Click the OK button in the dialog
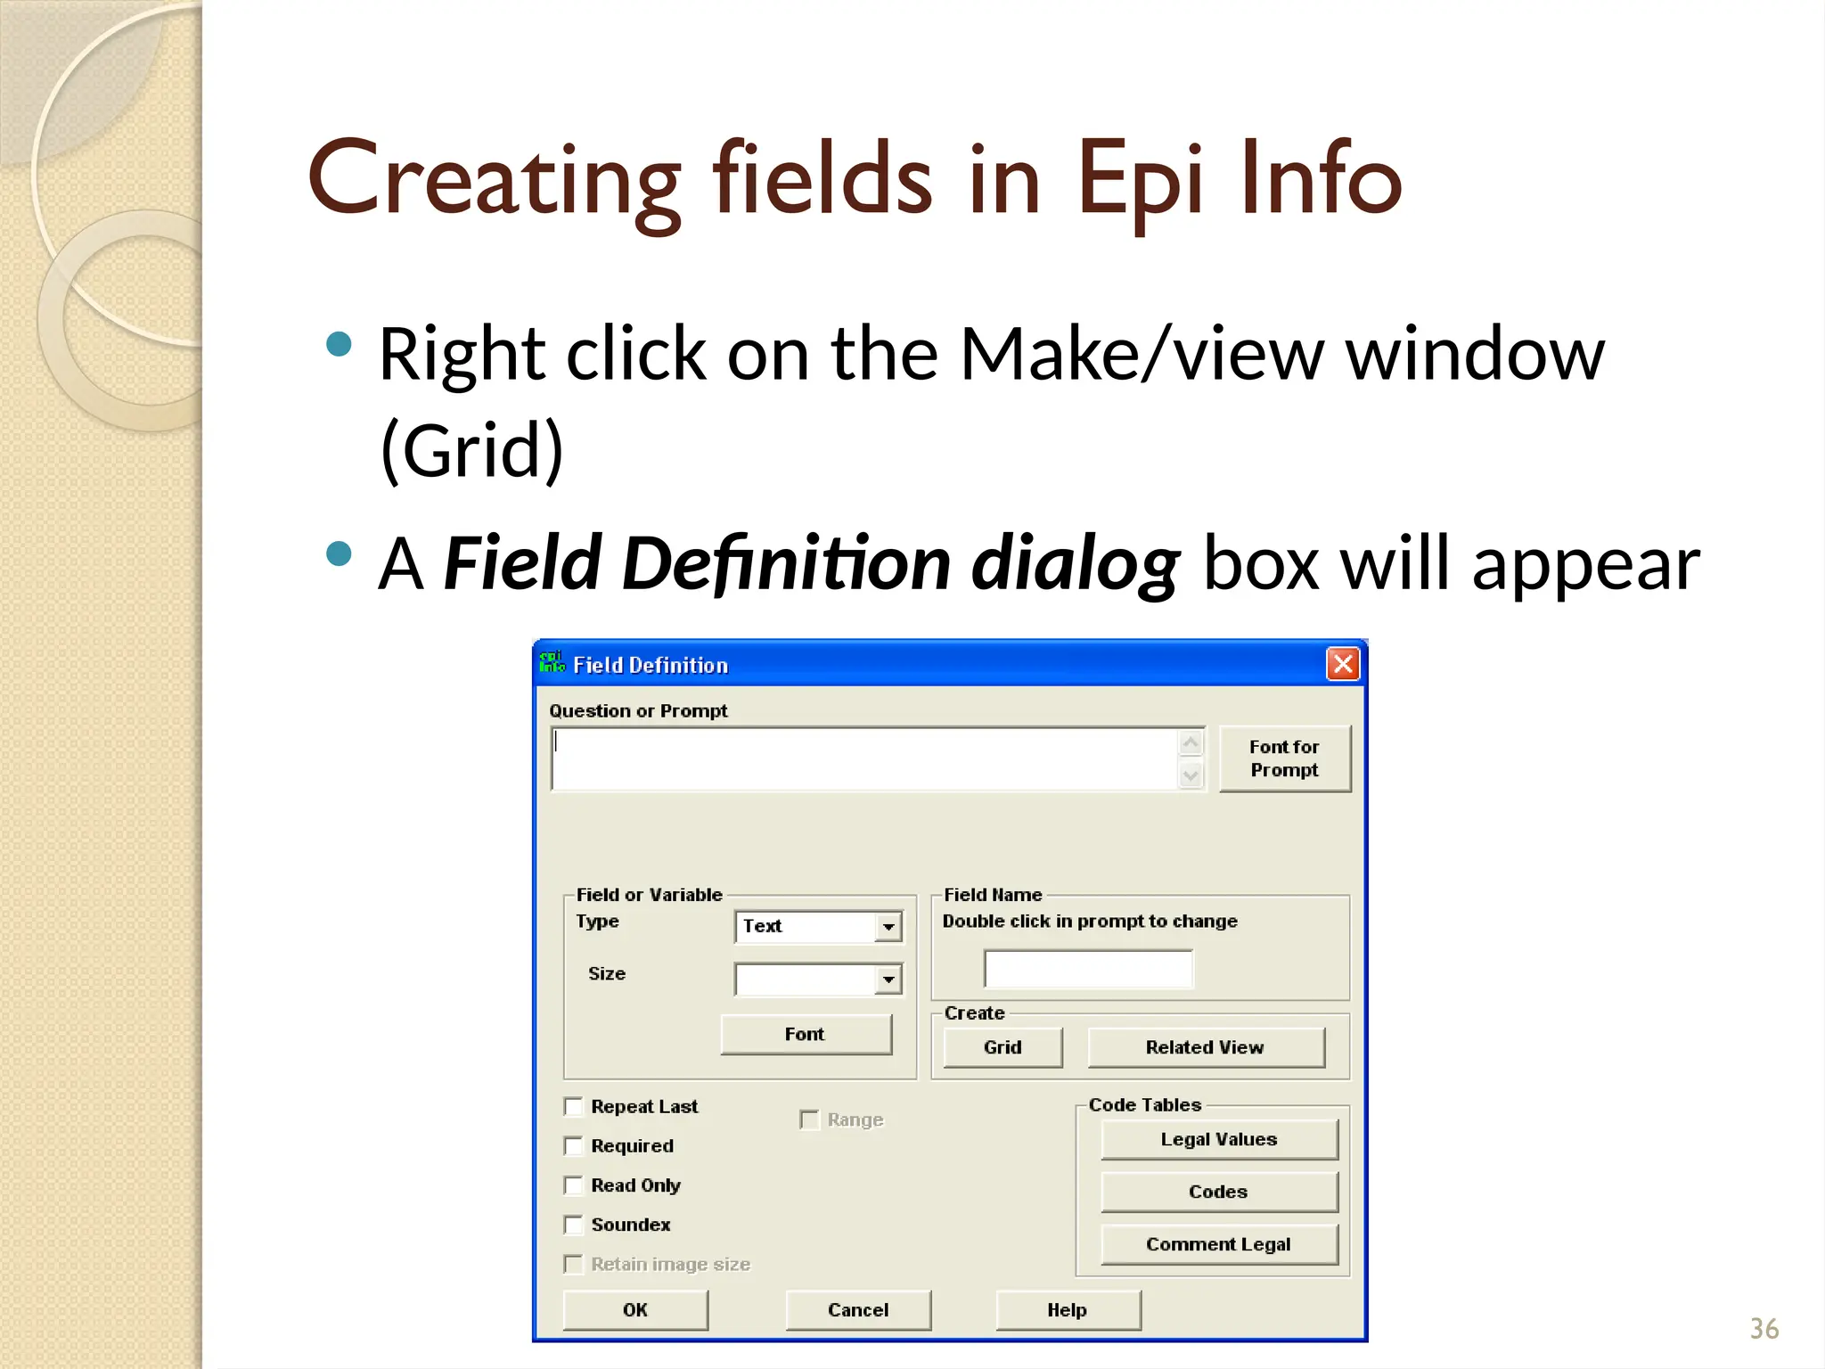pos(635,1309)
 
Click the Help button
pos(1068,1309)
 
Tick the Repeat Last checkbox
pos(574,1107)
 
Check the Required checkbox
pos(574,1146)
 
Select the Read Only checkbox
pos(574,1185)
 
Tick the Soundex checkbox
pos(574,1225)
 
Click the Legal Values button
pos(1219,1139)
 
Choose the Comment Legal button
pos(1219,1244)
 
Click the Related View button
pos(1205,1047)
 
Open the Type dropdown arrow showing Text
pos(888,927)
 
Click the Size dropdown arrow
pos(888,980)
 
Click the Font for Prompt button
pos(1284,758)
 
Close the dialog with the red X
pos(1343,664)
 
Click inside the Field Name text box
pos(1088,969)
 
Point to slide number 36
pos(1764,1329)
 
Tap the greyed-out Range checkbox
pos(809,1119)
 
